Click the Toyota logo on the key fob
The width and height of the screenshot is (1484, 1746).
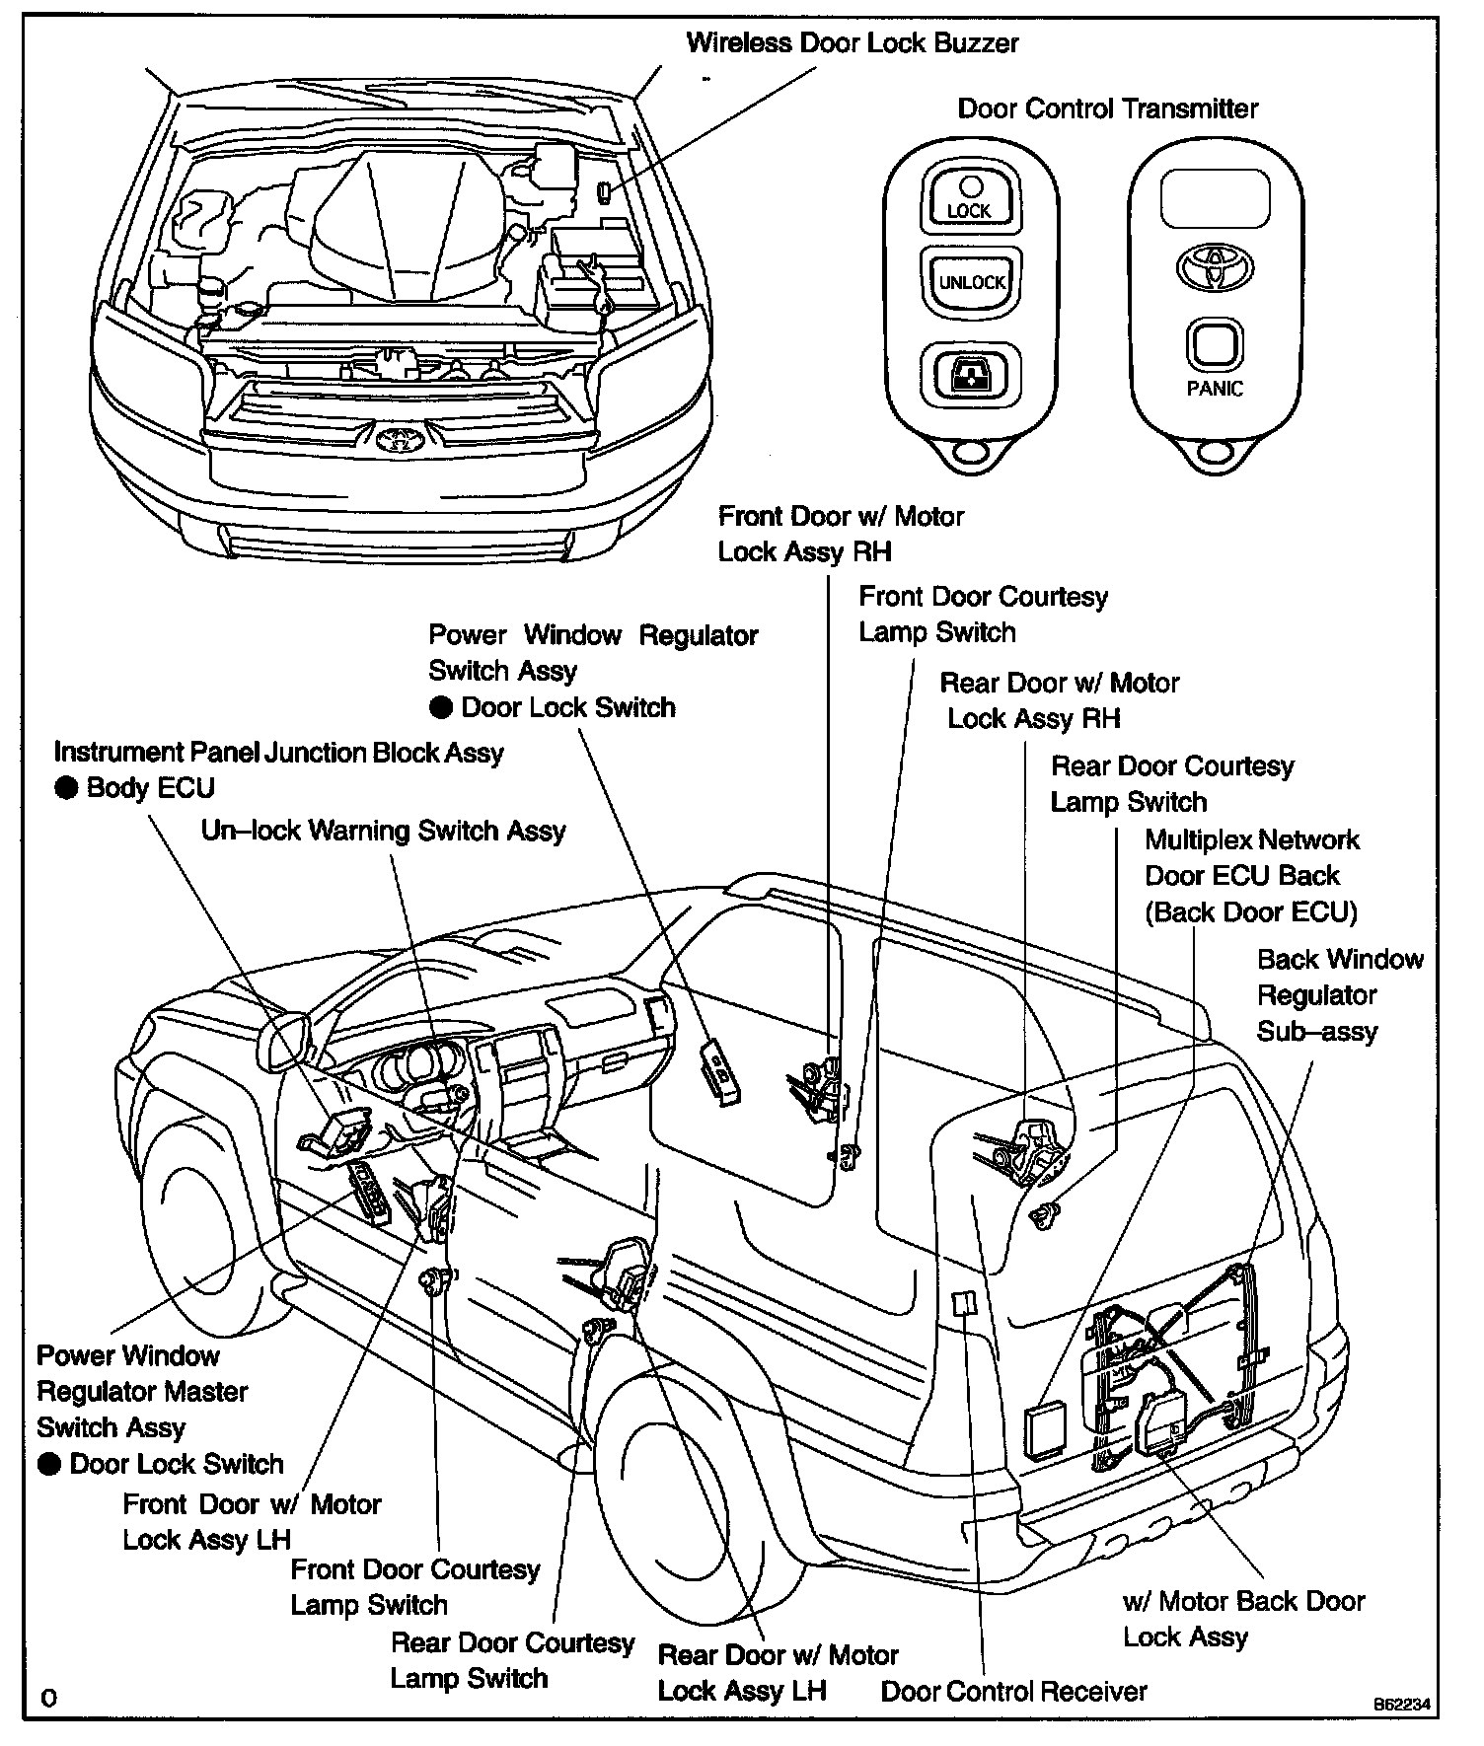[x=1214, y=266]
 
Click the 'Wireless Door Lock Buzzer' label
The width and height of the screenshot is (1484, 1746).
[x=852, y=43]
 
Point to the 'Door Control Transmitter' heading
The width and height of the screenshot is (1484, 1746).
[x=1107, y=109]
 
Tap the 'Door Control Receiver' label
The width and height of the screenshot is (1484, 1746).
[x=1013, y=1691]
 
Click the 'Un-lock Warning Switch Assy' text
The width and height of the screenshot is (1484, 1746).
[x=383, y=830]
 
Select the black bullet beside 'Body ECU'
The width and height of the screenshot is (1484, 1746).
[x=66, y=788]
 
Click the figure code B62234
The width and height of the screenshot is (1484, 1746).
[x=1401, y=1704]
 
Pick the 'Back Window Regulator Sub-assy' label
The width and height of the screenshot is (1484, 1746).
[x=1339, y=995]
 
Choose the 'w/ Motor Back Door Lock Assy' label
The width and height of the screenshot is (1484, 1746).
[x=1242, y=1619]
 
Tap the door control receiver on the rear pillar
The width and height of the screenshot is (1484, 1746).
[x=964, y=1302]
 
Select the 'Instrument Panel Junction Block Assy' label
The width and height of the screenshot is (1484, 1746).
[x=278, y=753]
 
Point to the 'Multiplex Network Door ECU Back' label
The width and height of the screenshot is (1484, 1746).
[x=1250, y=876]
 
